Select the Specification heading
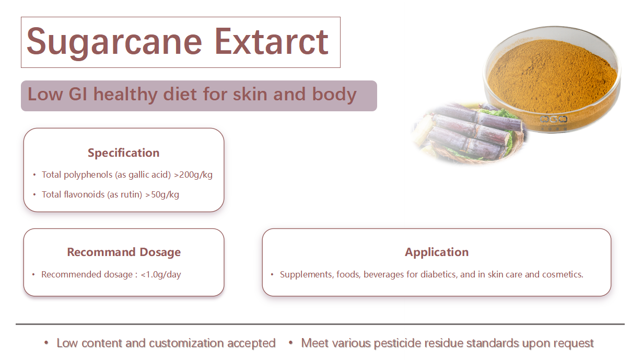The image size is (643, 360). click(x=124, y=153)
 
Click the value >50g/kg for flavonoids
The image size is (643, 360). click(x=162, y=195)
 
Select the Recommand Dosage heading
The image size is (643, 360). click(x=124, y=252)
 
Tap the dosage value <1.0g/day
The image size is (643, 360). click(x=161, y=274)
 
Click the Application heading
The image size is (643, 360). click(x=437, y=252)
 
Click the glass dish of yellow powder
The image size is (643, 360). click(x=552, y=78)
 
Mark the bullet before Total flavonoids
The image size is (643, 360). click(x=34, y=195)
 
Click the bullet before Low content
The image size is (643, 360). click(x=46, y=343)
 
